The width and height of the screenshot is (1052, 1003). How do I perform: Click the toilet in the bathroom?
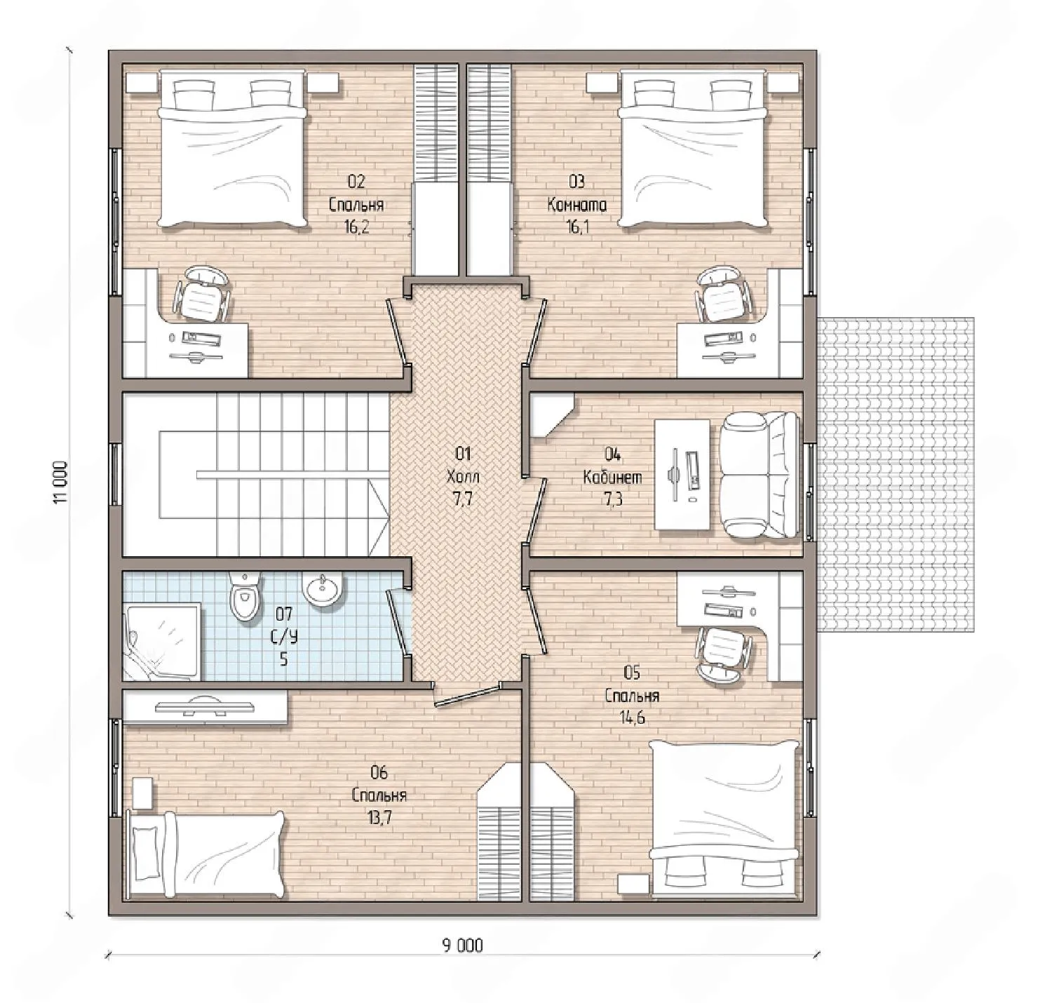[x=244, y=598]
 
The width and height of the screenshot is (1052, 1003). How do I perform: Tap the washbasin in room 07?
[x=323, y=591]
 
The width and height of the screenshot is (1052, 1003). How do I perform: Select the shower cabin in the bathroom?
[x=163, y=640]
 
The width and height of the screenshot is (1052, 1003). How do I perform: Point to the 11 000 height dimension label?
[x=61, y=483]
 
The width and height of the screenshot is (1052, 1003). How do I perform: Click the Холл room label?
[x=463, y=476]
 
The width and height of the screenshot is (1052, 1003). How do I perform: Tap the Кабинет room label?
[x=612, y=477]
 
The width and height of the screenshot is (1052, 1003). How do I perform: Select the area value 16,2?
[x=357, y=227]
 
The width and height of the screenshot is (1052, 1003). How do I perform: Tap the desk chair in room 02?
[x=201, y=295]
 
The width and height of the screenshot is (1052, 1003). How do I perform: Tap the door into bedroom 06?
[x=466, y=694]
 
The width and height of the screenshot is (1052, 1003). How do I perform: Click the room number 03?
[x=576, y=182]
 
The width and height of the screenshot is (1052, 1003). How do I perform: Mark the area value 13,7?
[x=379, y=818]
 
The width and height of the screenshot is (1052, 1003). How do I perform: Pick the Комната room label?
[x=576, y=205]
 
